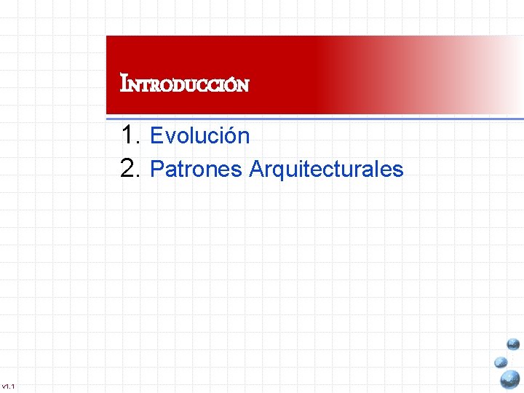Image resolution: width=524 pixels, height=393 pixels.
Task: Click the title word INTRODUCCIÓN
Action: tap(185, 84)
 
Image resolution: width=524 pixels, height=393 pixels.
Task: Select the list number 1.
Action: tap(130, 135)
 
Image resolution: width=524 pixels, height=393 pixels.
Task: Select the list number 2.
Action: tap(130, 168)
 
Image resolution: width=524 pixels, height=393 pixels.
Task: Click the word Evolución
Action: tap(199, 135)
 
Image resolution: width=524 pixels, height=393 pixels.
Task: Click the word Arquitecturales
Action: tap(325, 170)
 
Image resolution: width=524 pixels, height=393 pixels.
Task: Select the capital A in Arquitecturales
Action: tap(256, 170)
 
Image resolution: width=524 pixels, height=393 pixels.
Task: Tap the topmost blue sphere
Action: tap(513, 344)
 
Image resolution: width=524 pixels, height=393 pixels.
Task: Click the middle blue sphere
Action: tap(500, 362)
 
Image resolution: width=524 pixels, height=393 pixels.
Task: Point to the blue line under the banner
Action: tap(313, 116)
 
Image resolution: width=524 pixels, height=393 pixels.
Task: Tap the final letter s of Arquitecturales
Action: tap(398, 170)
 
